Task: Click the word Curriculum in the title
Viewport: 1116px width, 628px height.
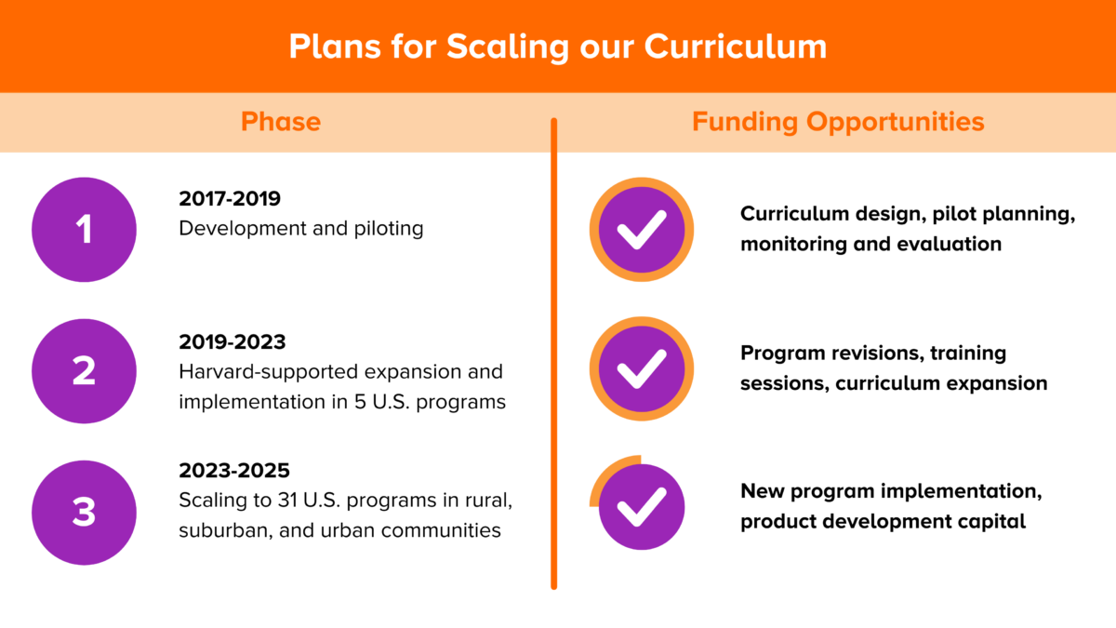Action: (x=736, y=47)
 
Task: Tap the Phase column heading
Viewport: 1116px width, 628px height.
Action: (x=281, y=122)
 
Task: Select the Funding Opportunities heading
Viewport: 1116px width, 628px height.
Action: (x=838, y=122)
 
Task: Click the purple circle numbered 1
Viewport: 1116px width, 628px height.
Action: (x=84, y=230)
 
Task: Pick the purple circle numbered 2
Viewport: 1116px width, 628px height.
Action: (x=84, y=371)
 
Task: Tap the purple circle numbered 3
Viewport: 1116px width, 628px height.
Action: (x=84, y=513)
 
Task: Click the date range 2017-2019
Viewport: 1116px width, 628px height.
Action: (x=230, y=199)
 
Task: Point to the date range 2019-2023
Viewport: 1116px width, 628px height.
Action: (x=232, y=342)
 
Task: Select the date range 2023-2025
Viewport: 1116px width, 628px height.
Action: (x=234, y=471)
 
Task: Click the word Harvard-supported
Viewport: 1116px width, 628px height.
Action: (x=269, y=373)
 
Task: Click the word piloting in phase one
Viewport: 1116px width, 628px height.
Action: (x=389, y=229)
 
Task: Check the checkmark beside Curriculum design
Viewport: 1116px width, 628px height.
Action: (x=642, y=230)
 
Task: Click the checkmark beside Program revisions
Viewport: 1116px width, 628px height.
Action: (x=642, y=369)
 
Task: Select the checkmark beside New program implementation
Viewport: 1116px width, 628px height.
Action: (x=642, y=507)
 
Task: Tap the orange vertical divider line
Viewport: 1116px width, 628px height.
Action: (x=553, y=354)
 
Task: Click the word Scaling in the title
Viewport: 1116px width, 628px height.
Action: (x=507, y=47)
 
